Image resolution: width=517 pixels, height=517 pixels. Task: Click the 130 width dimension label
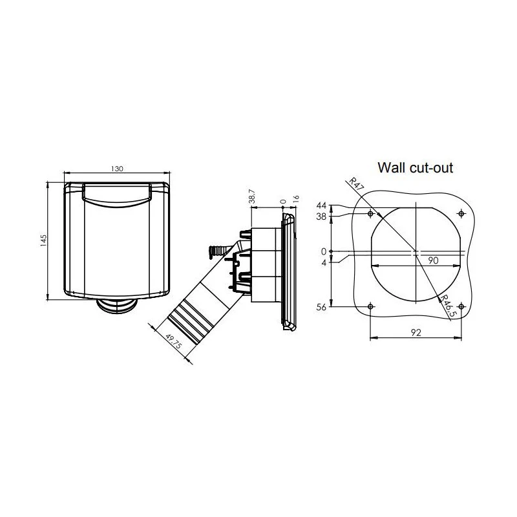click(117, 169)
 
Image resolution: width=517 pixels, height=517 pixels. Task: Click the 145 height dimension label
click(43, 240)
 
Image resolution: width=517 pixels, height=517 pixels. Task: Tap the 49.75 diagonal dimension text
click(173, 342)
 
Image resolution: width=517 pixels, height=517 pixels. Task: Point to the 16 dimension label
click(296, 199)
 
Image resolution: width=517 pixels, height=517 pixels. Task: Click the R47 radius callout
click(357, 185)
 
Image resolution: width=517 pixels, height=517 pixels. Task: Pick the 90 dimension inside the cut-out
click(433, 260)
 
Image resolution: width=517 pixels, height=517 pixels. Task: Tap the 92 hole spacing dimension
click(416, 333)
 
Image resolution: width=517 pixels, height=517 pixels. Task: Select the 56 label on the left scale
click(321, 308)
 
